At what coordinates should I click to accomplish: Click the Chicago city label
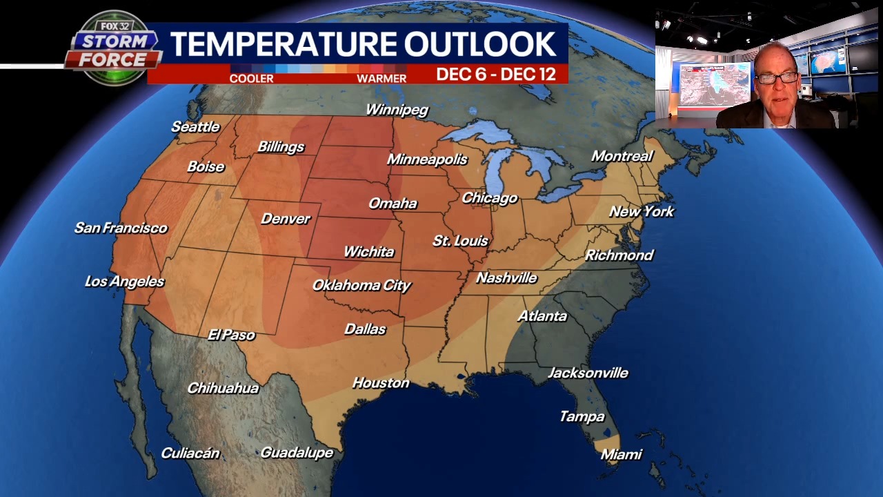tap(489, 198)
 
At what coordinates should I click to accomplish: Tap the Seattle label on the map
tap(195, 126)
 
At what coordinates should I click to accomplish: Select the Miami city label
tap(621, 454)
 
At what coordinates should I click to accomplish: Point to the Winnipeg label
tap(397, 110)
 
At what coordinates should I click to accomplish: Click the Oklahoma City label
tap(361, 285)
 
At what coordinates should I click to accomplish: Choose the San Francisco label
tap(121, 228)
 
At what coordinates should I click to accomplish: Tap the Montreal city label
tap(622, 156)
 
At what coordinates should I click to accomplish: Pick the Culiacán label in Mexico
tap(190, 454)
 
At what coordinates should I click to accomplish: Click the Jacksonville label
tap(588, 373)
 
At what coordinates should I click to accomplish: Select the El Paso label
tap(231, 335)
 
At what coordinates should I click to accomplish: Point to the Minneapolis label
tap(427, 159)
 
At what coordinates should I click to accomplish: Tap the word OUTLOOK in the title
tap(480, 44)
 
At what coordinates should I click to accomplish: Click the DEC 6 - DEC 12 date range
tap(496, 75)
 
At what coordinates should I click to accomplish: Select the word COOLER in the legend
tap(251, 79)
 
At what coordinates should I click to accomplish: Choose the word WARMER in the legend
tap(381, 79)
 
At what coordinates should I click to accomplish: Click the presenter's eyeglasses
tap(777, 77)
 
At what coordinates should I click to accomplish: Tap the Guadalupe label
tap(297, 453)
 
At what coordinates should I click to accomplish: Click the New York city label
tap(641, 211)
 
